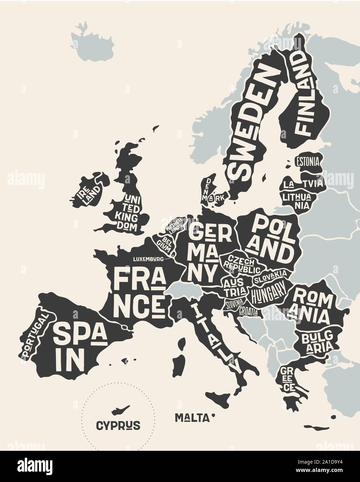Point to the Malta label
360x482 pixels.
tap(192, 418)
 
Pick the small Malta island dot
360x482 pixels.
tap(214, 415)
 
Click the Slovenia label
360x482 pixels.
tap(235, 304)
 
